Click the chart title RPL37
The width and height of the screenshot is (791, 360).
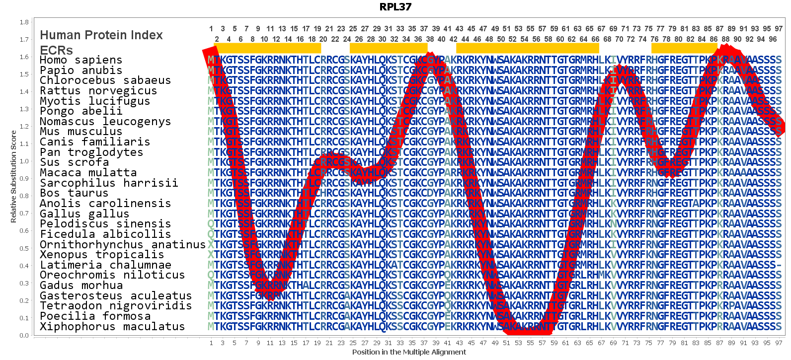point(395,7)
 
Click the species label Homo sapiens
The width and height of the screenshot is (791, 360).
point(81,60)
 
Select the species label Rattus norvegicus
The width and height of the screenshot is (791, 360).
point(98,91)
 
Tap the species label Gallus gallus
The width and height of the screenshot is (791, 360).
point(84,214)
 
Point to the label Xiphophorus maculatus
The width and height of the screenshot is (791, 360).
point(112,327)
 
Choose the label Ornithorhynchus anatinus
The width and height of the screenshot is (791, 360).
point(123,245)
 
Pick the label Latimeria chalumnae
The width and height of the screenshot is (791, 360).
point(105,265)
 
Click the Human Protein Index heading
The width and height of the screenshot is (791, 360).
point(101,35)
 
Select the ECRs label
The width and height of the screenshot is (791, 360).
point(56,50)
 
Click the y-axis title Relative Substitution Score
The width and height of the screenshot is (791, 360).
point(13,176)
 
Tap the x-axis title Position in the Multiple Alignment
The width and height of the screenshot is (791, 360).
point(409,352)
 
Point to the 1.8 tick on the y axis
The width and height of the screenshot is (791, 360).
point(24,22)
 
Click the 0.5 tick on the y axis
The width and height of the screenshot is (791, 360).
point(24,248)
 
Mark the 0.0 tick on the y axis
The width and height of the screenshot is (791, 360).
point(24,335)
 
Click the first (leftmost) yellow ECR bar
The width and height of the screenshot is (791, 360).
point(267,48)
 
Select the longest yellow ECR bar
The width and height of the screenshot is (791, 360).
point(527,48)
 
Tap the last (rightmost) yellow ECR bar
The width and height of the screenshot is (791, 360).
point(684,48)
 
